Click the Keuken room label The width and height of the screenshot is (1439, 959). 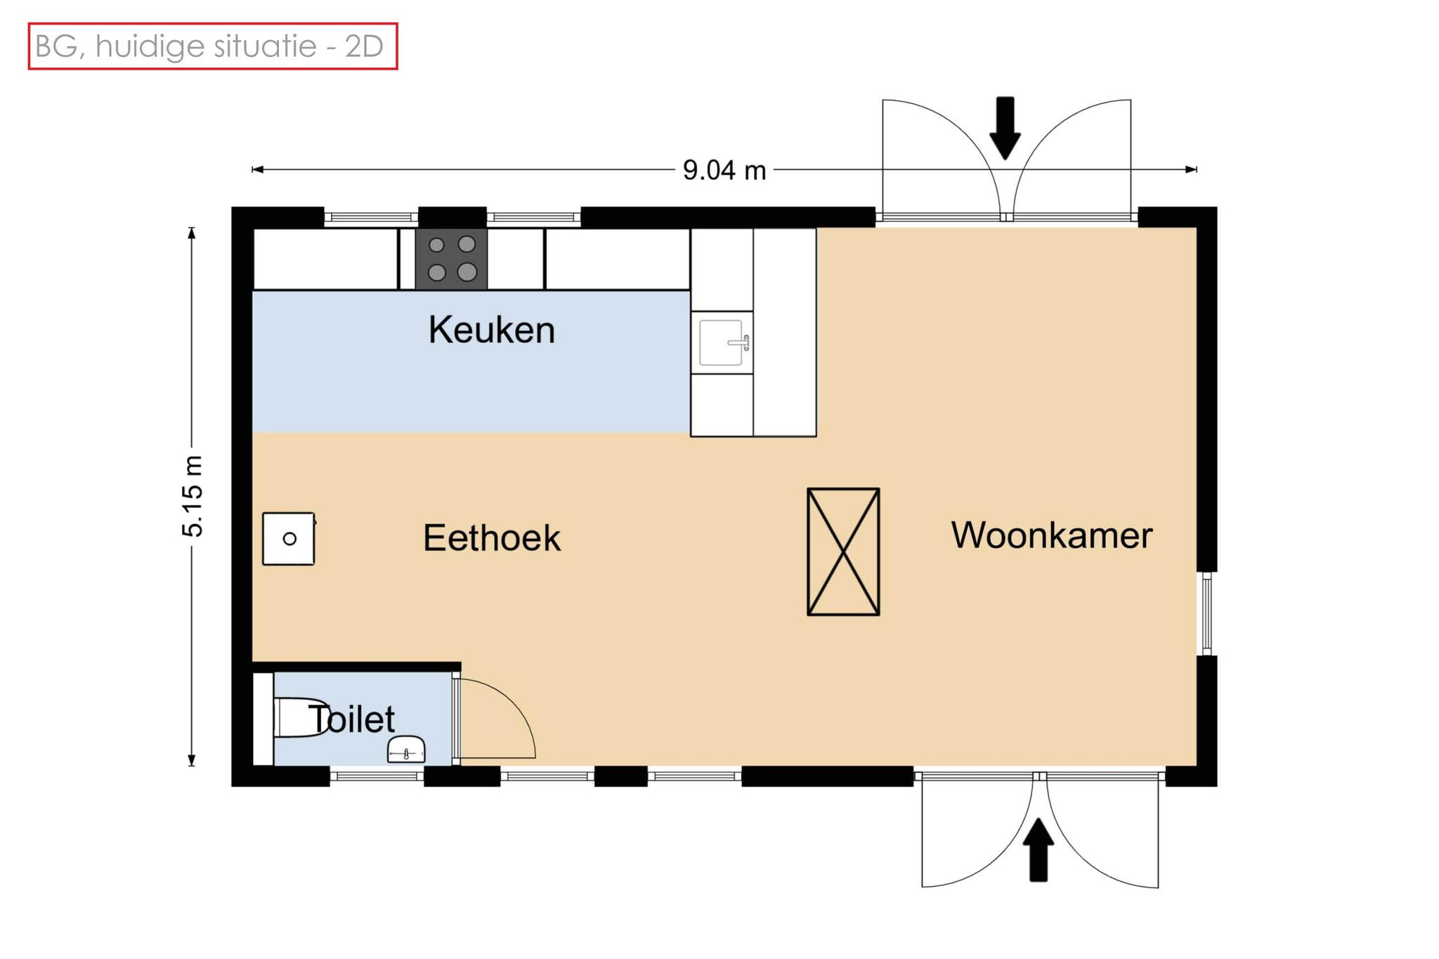click(x=491, y=330)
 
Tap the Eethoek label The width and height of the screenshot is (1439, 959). click(x=491, y=538)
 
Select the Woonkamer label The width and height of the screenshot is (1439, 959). click(x=1051, y=535)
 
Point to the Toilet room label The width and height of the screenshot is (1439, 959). click(x=351, y=719)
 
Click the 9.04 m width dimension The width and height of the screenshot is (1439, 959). click(x=724, y=170)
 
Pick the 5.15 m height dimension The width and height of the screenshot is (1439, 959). click(x=193, y=495)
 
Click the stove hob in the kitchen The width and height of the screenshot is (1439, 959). click(x=451, y=259)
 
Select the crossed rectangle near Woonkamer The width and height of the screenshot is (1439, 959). click(x=843, y=552)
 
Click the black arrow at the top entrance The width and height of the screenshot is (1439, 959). click(x=1005, y=128)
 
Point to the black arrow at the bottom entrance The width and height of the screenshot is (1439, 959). click(x=1038, y=850)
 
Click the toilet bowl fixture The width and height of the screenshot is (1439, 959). click(x=300, y=717)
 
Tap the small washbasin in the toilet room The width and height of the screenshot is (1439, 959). click(x=407, y=749)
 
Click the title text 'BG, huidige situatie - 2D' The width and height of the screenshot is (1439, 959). click(x=209, y=46)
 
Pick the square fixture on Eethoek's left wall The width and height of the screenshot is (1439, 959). click(x=288, y=539)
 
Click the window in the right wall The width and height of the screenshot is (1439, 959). click(x=1206, y=613)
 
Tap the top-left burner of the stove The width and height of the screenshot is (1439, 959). click(x=436, y=245)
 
